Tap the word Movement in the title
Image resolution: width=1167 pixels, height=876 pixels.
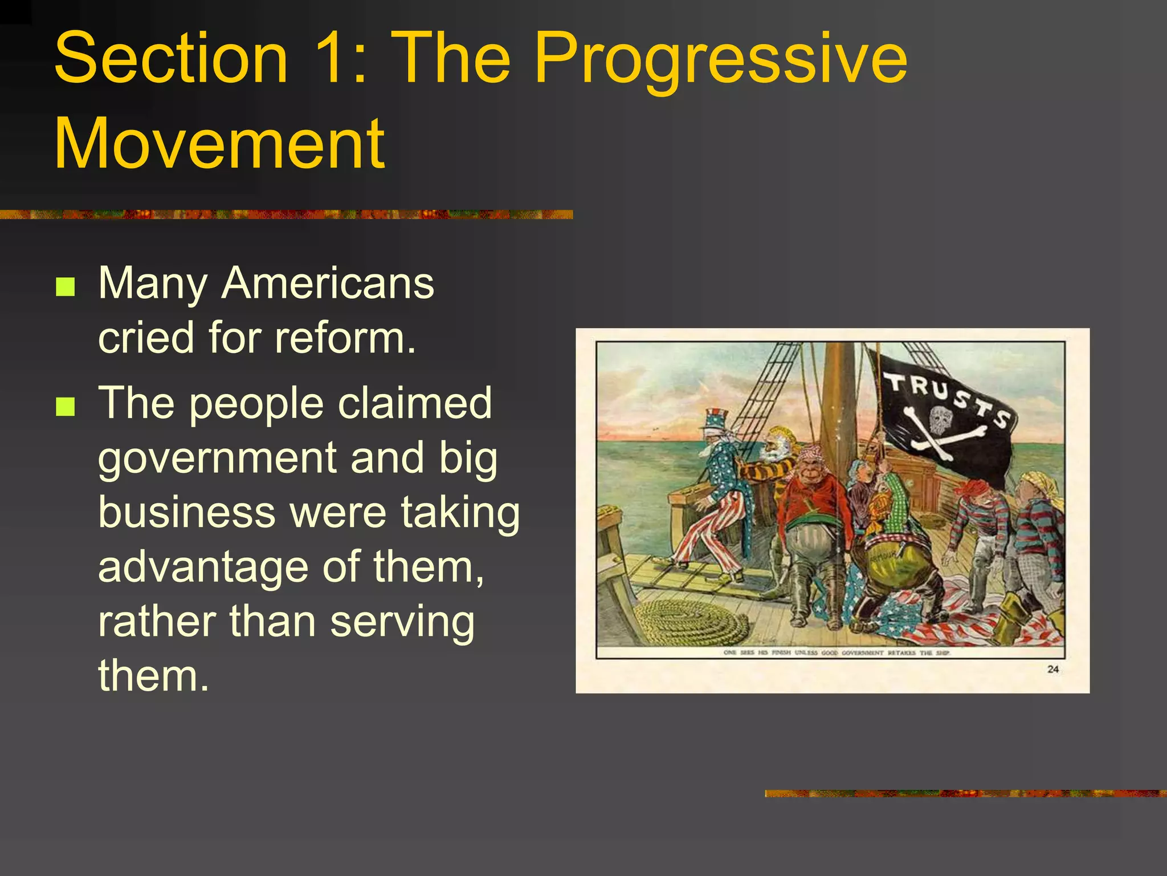pyautogui.click(x=219, y=144)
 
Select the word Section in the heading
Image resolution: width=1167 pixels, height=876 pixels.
pyautogui.click(x=171, y=59)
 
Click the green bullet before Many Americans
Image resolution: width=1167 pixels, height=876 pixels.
pyautogui.click(x=66, y=287)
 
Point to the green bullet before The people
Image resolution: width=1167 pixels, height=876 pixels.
pyautogui.click(x=66, y=407)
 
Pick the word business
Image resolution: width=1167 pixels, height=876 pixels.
pyautogui.click(x=187, y=512)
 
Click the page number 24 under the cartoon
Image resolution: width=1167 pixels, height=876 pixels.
pyautogui.click(x=1052, y=669)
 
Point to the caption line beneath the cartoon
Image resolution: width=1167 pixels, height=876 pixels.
pyautogui.click(x=837, y=652)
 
